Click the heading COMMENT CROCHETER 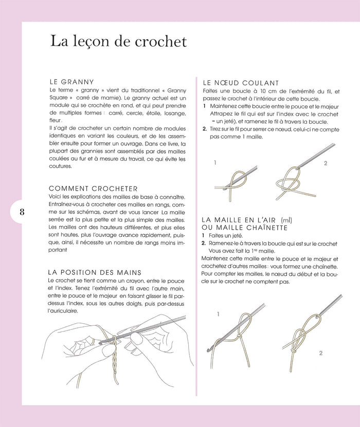[93, 189]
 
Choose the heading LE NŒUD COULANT [241, 82]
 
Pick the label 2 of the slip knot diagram [325, 163]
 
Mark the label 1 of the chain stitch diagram [218, 313]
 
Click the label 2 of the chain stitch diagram [320, 353]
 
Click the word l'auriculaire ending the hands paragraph [61, 311]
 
